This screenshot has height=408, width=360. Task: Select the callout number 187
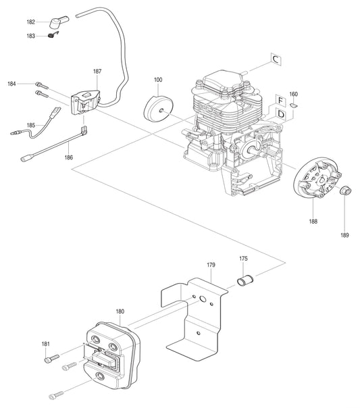coord(97,70)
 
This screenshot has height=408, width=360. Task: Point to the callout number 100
coord(158,80)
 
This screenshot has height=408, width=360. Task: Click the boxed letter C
coord(277,60)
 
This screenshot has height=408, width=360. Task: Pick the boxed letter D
coord(280,114)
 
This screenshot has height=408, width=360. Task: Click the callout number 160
coord(293,94)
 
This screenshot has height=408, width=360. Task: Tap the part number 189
coord(345,235)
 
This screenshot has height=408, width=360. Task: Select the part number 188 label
coord(313,221)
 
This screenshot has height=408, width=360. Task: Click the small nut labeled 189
coord(344,190)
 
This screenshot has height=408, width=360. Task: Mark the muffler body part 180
coord(108,351)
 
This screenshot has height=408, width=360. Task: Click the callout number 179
coord(211,265)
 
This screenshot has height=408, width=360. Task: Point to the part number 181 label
coord(46,345)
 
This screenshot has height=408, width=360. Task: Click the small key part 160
coord(294,105)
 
